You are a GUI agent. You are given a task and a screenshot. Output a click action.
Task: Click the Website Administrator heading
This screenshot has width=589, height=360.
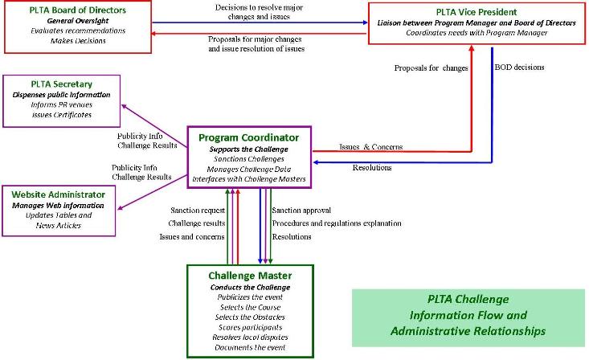63,194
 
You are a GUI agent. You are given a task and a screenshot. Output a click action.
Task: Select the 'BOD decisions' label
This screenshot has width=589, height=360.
520,67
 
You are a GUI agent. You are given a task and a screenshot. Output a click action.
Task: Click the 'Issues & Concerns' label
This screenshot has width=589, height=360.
370,147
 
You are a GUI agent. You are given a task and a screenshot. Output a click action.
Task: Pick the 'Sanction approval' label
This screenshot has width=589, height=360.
302,210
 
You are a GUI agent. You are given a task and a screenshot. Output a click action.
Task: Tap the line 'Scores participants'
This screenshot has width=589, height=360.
250,328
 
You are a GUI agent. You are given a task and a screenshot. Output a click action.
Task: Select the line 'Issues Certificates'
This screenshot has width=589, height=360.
62,115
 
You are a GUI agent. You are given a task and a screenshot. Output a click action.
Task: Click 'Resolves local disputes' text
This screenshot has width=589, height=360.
250,338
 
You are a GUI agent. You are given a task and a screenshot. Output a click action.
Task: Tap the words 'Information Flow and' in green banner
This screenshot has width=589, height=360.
468,315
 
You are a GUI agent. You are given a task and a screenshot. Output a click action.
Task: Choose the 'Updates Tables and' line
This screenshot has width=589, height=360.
63,215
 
